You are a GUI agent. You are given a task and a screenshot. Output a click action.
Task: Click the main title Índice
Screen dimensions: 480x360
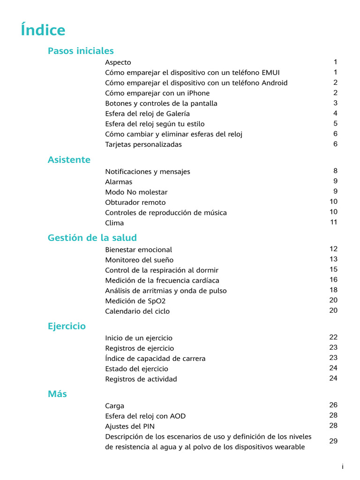(43, 30)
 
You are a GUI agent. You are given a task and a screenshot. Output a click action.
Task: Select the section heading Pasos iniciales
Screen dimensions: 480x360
(81, 51)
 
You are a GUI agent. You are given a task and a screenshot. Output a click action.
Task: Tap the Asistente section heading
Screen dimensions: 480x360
(69, 160)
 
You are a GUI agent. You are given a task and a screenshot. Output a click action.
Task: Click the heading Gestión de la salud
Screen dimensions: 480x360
(92, 238)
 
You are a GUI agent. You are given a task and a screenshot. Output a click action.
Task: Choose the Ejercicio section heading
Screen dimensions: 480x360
(67, 326)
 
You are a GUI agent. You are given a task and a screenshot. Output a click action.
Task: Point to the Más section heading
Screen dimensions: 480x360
(57, 394)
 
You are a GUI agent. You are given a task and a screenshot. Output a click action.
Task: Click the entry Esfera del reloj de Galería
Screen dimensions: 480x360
(147, 114)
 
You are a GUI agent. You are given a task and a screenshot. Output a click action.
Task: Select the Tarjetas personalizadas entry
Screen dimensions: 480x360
(143, 145)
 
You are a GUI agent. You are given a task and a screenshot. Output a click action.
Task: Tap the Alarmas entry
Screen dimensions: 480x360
(119, 182)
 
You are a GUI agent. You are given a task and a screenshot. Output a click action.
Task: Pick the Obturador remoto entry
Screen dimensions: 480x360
(135, 202)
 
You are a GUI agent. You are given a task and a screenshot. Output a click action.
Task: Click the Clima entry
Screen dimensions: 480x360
(114, 223)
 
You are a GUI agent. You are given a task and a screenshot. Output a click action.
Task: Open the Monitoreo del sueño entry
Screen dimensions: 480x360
(139, 260)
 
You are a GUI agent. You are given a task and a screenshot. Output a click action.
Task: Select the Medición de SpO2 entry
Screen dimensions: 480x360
(135, 301)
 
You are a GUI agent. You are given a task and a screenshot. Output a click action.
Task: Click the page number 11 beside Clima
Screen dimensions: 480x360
(333, 222)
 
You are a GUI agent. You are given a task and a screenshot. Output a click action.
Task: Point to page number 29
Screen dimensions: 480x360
(333, 442)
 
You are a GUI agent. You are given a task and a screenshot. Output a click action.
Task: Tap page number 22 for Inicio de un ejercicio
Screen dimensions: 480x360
(333, 337)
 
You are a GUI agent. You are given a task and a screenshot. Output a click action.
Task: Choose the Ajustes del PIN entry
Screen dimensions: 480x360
(130, 427)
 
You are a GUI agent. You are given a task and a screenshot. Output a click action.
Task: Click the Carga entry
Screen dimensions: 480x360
(114, 406)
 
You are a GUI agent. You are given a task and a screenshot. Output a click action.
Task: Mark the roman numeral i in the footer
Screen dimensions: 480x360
(343, 467)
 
